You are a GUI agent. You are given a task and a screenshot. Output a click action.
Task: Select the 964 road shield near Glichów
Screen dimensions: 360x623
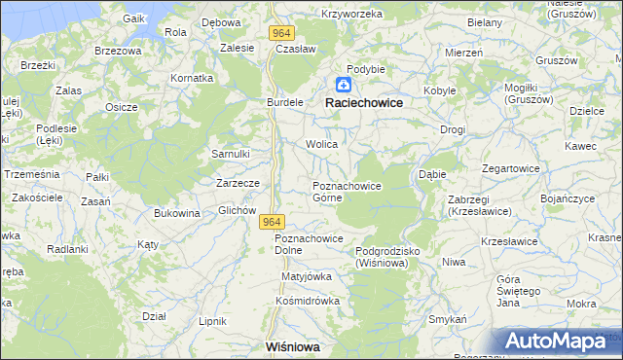[273, 223]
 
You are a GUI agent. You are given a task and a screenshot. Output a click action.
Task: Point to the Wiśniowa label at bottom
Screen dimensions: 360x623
[293, 345]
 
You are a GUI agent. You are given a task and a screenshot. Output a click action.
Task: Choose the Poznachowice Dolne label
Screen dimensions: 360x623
[309, 244]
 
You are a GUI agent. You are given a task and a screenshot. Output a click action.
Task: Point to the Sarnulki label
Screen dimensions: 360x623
[232, 154]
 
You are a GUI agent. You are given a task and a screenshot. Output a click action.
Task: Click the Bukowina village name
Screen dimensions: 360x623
[177, 213]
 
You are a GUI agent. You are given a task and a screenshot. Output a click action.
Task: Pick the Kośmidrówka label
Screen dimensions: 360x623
[307, 301]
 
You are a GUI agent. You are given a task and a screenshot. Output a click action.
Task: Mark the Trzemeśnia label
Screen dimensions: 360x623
[32, 173]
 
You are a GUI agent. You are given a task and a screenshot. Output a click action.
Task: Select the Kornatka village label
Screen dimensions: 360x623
[191, 77]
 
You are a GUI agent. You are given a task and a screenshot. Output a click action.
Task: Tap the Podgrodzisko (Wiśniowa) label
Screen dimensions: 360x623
[387, 256]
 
